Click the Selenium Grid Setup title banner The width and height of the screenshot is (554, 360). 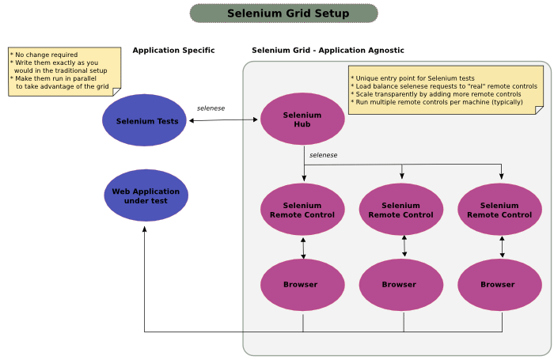(x=284, y=13)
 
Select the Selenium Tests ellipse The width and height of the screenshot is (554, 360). (x=144, y=120)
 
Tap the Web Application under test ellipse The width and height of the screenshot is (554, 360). (x=146, y=195)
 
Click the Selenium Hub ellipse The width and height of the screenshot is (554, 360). (x=302, y=119)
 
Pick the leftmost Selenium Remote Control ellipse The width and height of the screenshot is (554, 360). (x=302, y=210)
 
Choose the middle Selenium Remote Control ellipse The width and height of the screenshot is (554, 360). (x=400, y=210)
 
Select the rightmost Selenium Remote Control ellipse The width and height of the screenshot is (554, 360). (x=499, y=210)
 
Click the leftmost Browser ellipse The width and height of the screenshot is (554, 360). (x=302, y=285)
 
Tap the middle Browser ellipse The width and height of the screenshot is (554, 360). (x=400, y=285)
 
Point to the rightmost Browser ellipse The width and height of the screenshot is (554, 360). (x=499, y=285)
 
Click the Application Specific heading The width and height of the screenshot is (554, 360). (x=173, y=51)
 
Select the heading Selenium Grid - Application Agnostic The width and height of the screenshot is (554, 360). (x=328, y=51)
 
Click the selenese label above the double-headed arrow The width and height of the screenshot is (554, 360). (x=211, y=108)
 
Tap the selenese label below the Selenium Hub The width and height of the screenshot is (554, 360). (x=323, y=155)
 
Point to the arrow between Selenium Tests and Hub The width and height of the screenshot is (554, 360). (x=224, y=120)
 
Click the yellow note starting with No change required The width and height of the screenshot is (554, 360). (x=63, y=71)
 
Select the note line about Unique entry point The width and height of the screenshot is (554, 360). (x=415, y=78)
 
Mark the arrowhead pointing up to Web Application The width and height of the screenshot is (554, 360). (x=145, y=229)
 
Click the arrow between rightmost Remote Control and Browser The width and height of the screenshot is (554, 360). (x=502, y=247)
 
